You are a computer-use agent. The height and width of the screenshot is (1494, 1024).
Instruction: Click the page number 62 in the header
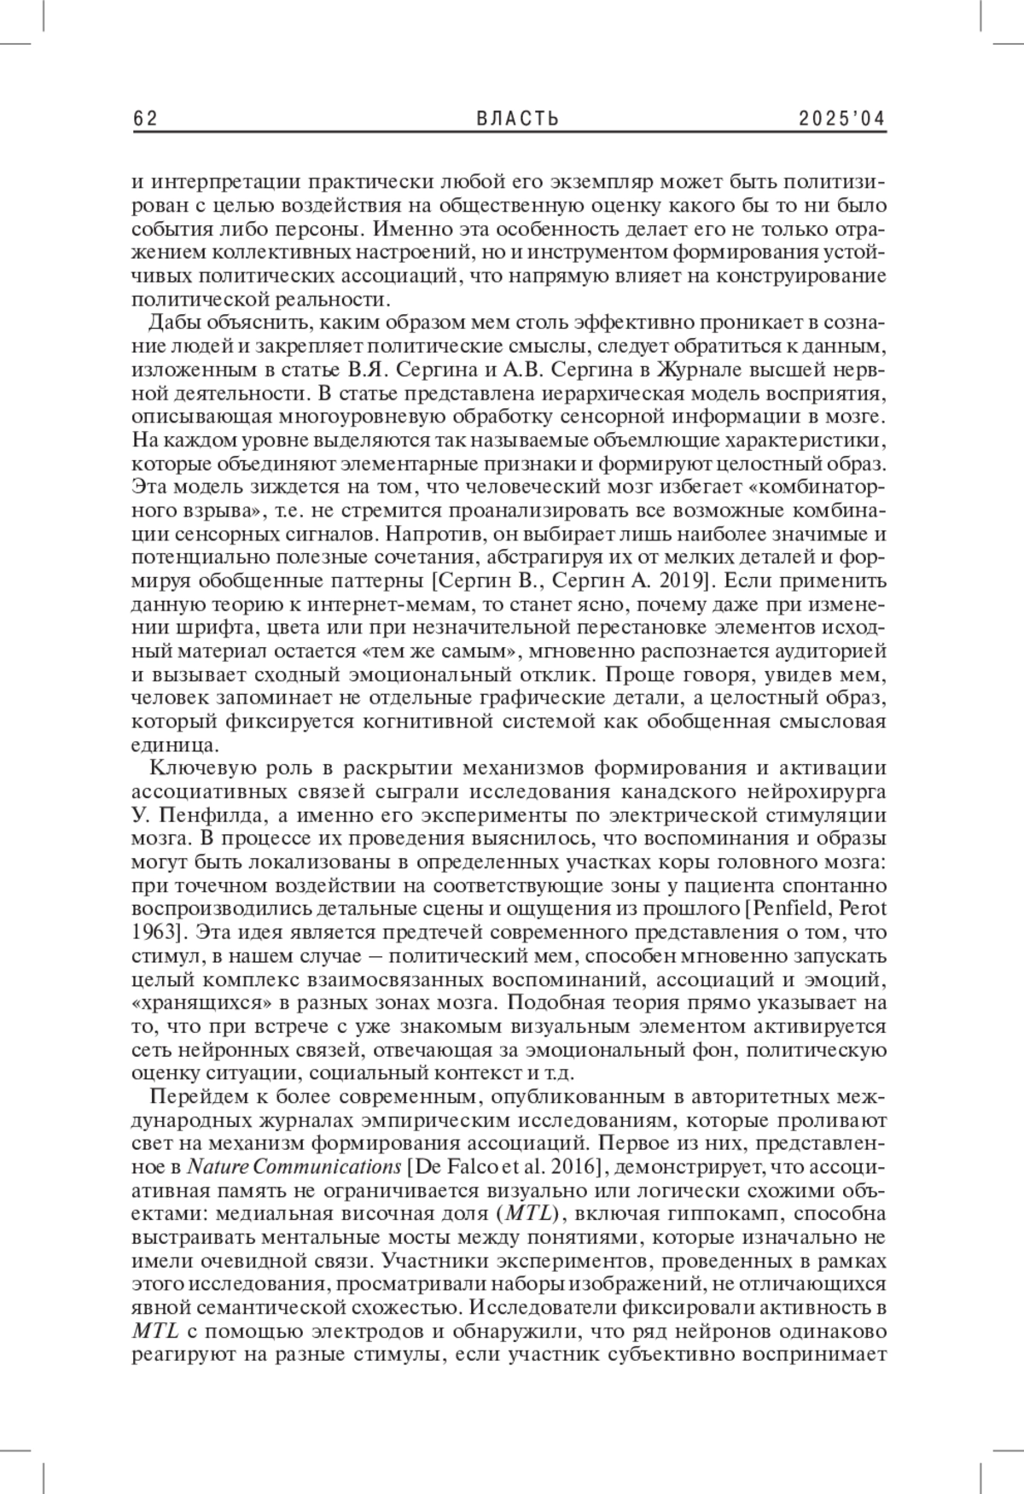146,119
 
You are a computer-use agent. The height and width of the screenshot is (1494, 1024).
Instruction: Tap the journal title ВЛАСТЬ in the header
517,119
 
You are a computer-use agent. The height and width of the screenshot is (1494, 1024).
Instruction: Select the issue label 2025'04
842,119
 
